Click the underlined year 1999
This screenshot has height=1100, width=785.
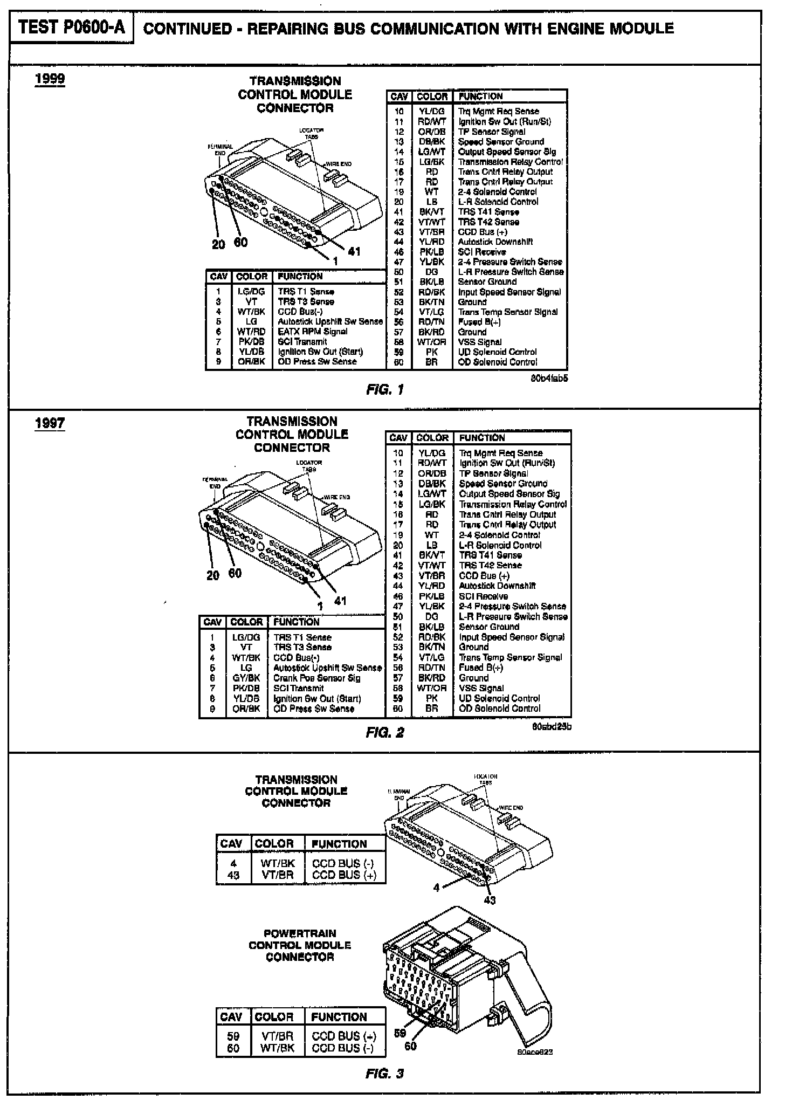[x=50, y=79]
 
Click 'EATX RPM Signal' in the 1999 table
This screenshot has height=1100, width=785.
[x=313, y=332]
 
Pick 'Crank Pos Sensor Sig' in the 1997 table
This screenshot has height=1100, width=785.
[x=316, y=678]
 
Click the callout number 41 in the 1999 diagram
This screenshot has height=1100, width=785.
[x=354, y=251]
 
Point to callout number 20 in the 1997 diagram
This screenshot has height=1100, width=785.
[x=214, y=575]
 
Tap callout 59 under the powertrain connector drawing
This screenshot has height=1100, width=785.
[x=400, y=1033]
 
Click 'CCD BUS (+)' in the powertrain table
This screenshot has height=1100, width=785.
[x=343, y=1036]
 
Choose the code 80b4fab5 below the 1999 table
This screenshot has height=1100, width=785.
[x=549, y=378]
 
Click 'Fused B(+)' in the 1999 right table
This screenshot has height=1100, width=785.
[x=479, y=322]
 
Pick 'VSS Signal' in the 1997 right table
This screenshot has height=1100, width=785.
[x=481, y=688]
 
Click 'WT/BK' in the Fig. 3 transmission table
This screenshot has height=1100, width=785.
[x=278, y=863]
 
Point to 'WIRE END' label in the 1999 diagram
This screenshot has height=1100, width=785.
[x=339, y=164]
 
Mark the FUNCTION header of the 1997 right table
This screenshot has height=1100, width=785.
[x=482, y=438]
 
